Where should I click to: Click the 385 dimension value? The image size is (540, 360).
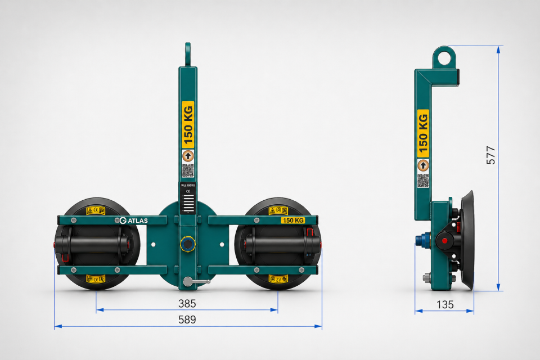coord(187,303)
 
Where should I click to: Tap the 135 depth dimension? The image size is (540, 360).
coord(445,304)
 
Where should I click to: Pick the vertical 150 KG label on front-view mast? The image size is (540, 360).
coord(188,125)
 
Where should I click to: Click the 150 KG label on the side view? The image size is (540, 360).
coord(423,134)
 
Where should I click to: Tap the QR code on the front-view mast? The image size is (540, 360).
coord(188,171)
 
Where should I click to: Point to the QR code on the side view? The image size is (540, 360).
coord(423,181)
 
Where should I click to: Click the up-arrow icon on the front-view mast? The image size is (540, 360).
coord(188,156)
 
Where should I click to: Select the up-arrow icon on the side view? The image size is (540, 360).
coord(423,165)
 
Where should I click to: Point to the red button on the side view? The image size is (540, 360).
coord(445,241)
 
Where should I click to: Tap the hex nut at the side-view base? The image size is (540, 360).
coord(426,277)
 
